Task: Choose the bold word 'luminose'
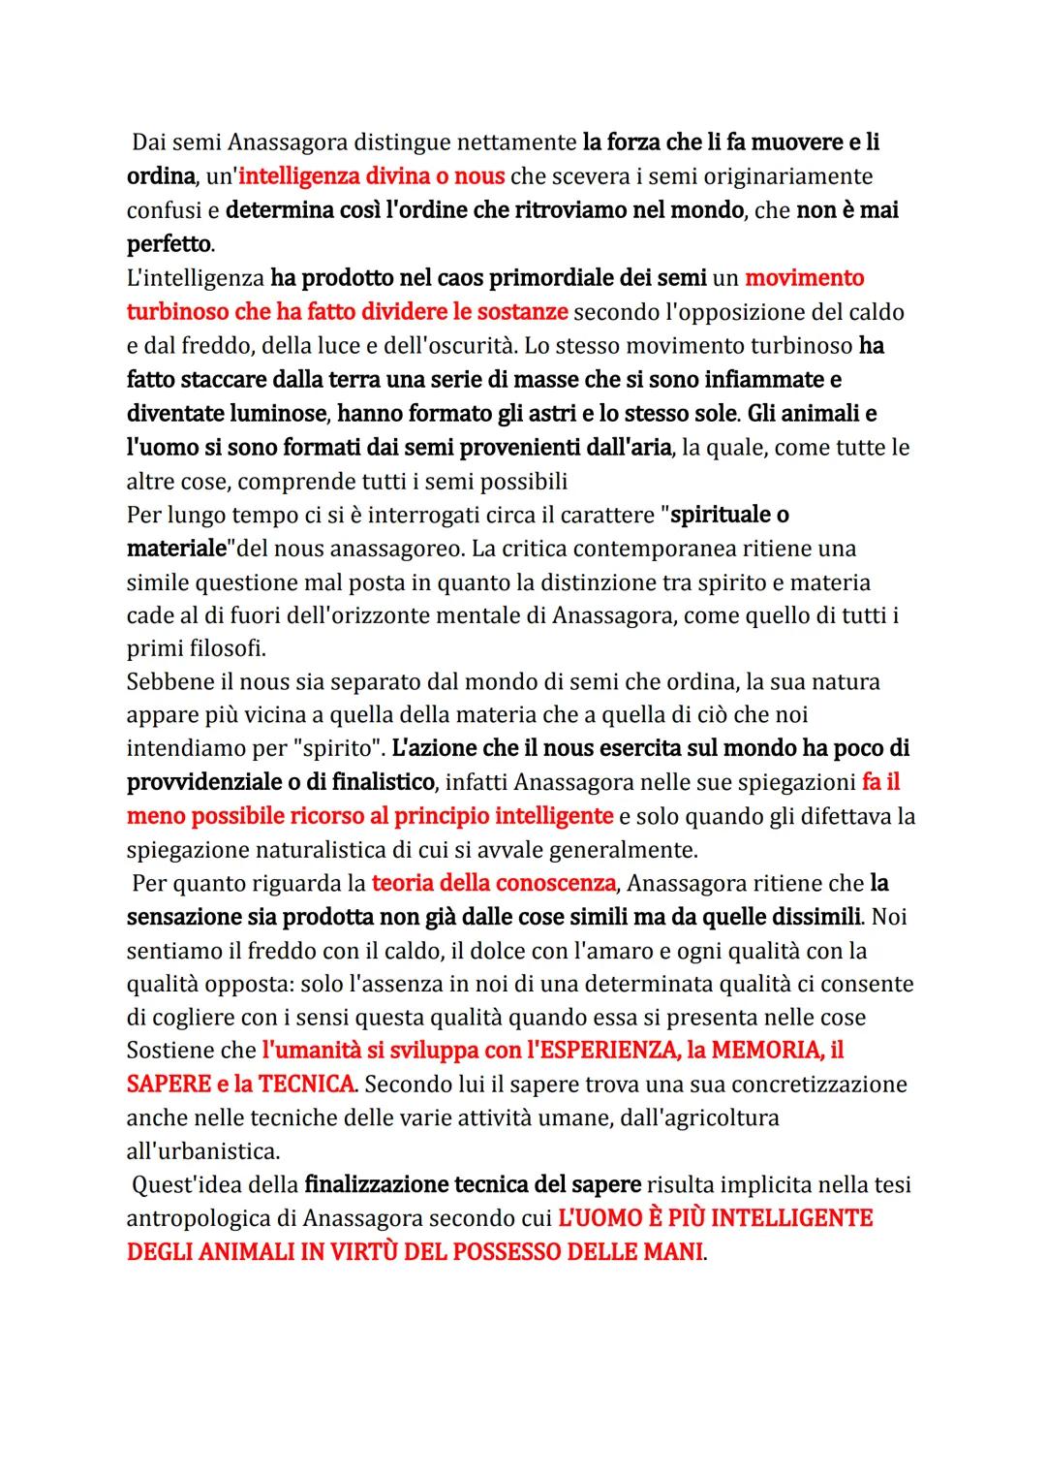pos(277,414)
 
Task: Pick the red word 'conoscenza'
pos(556,884)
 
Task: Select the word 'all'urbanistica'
pos(202,1151)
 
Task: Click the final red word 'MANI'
pos(672,1252)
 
